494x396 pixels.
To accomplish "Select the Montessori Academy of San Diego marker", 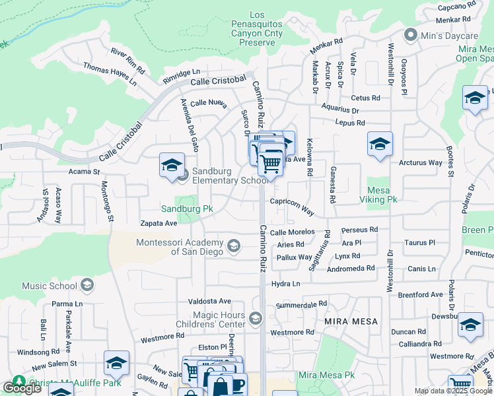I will click(233, 246).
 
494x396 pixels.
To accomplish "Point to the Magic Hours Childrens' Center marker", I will click(256, 319).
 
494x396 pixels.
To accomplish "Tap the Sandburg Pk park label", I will click(188, 209).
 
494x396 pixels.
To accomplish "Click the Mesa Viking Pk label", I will click(382, 194).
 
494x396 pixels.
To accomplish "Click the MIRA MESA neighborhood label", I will click(351, 321).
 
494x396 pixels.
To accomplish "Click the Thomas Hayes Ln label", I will click(110, 75).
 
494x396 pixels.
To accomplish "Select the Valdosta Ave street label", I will click(209, 301).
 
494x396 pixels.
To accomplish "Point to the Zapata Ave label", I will click(157, 224).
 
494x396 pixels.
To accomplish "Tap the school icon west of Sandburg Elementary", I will click(172, 166).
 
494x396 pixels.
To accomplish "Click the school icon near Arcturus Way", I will click(380, 145).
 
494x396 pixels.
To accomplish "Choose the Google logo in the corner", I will click(22, 388).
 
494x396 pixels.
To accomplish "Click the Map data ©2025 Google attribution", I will click(453, 391).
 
